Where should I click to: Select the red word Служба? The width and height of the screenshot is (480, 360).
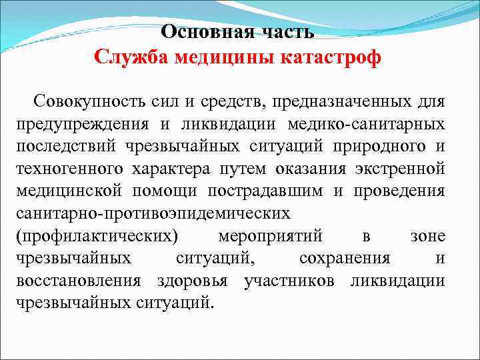click(131, 58)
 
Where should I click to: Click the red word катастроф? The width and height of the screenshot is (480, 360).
click(333, 58)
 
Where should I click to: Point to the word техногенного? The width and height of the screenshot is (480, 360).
click(71, 169)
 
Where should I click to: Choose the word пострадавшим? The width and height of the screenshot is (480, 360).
click(273, 191)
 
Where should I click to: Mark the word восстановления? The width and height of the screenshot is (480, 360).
click(78, 280)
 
